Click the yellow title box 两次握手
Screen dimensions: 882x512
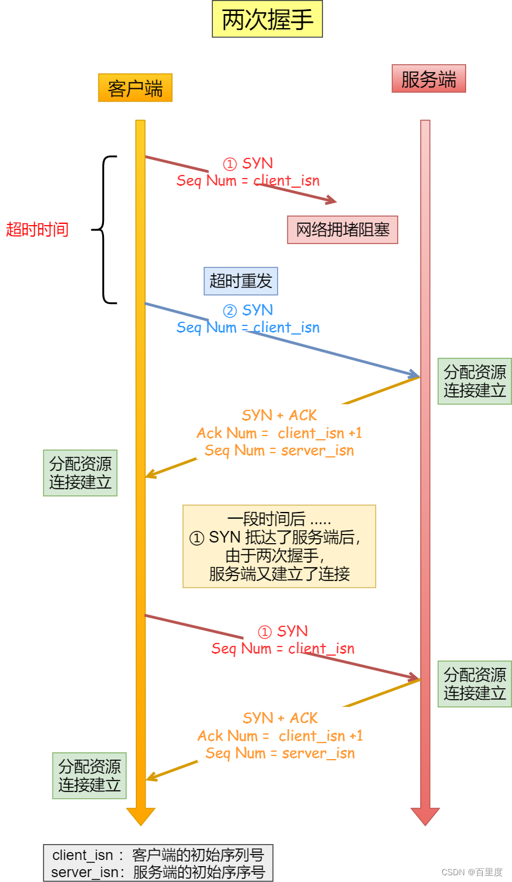(267, 20)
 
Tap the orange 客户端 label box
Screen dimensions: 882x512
(135, 88)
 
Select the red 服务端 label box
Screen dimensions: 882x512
(428, 79)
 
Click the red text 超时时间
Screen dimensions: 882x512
(37, 230)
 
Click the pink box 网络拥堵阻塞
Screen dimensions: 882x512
(343, 230)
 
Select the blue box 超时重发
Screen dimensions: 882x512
(240, 281)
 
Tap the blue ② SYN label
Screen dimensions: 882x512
(248, 310)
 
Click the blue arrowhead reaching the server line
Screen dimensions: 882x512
(415, 374)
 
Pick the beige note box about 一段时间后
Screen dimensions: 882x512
(279, 546)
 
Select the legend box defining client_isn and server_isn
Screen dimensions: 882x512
(158, 863)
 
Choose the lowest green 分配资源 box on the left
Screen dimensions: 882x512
(89, 776)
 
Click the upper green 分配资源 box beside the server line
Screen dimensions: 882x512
(475, 381)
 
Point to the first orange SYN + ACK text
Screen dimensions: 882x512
(280, 415)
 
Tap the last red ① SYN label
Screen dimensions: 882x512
(283, 631)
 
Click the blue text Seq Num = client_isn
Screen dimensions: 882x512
(248, 327)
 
